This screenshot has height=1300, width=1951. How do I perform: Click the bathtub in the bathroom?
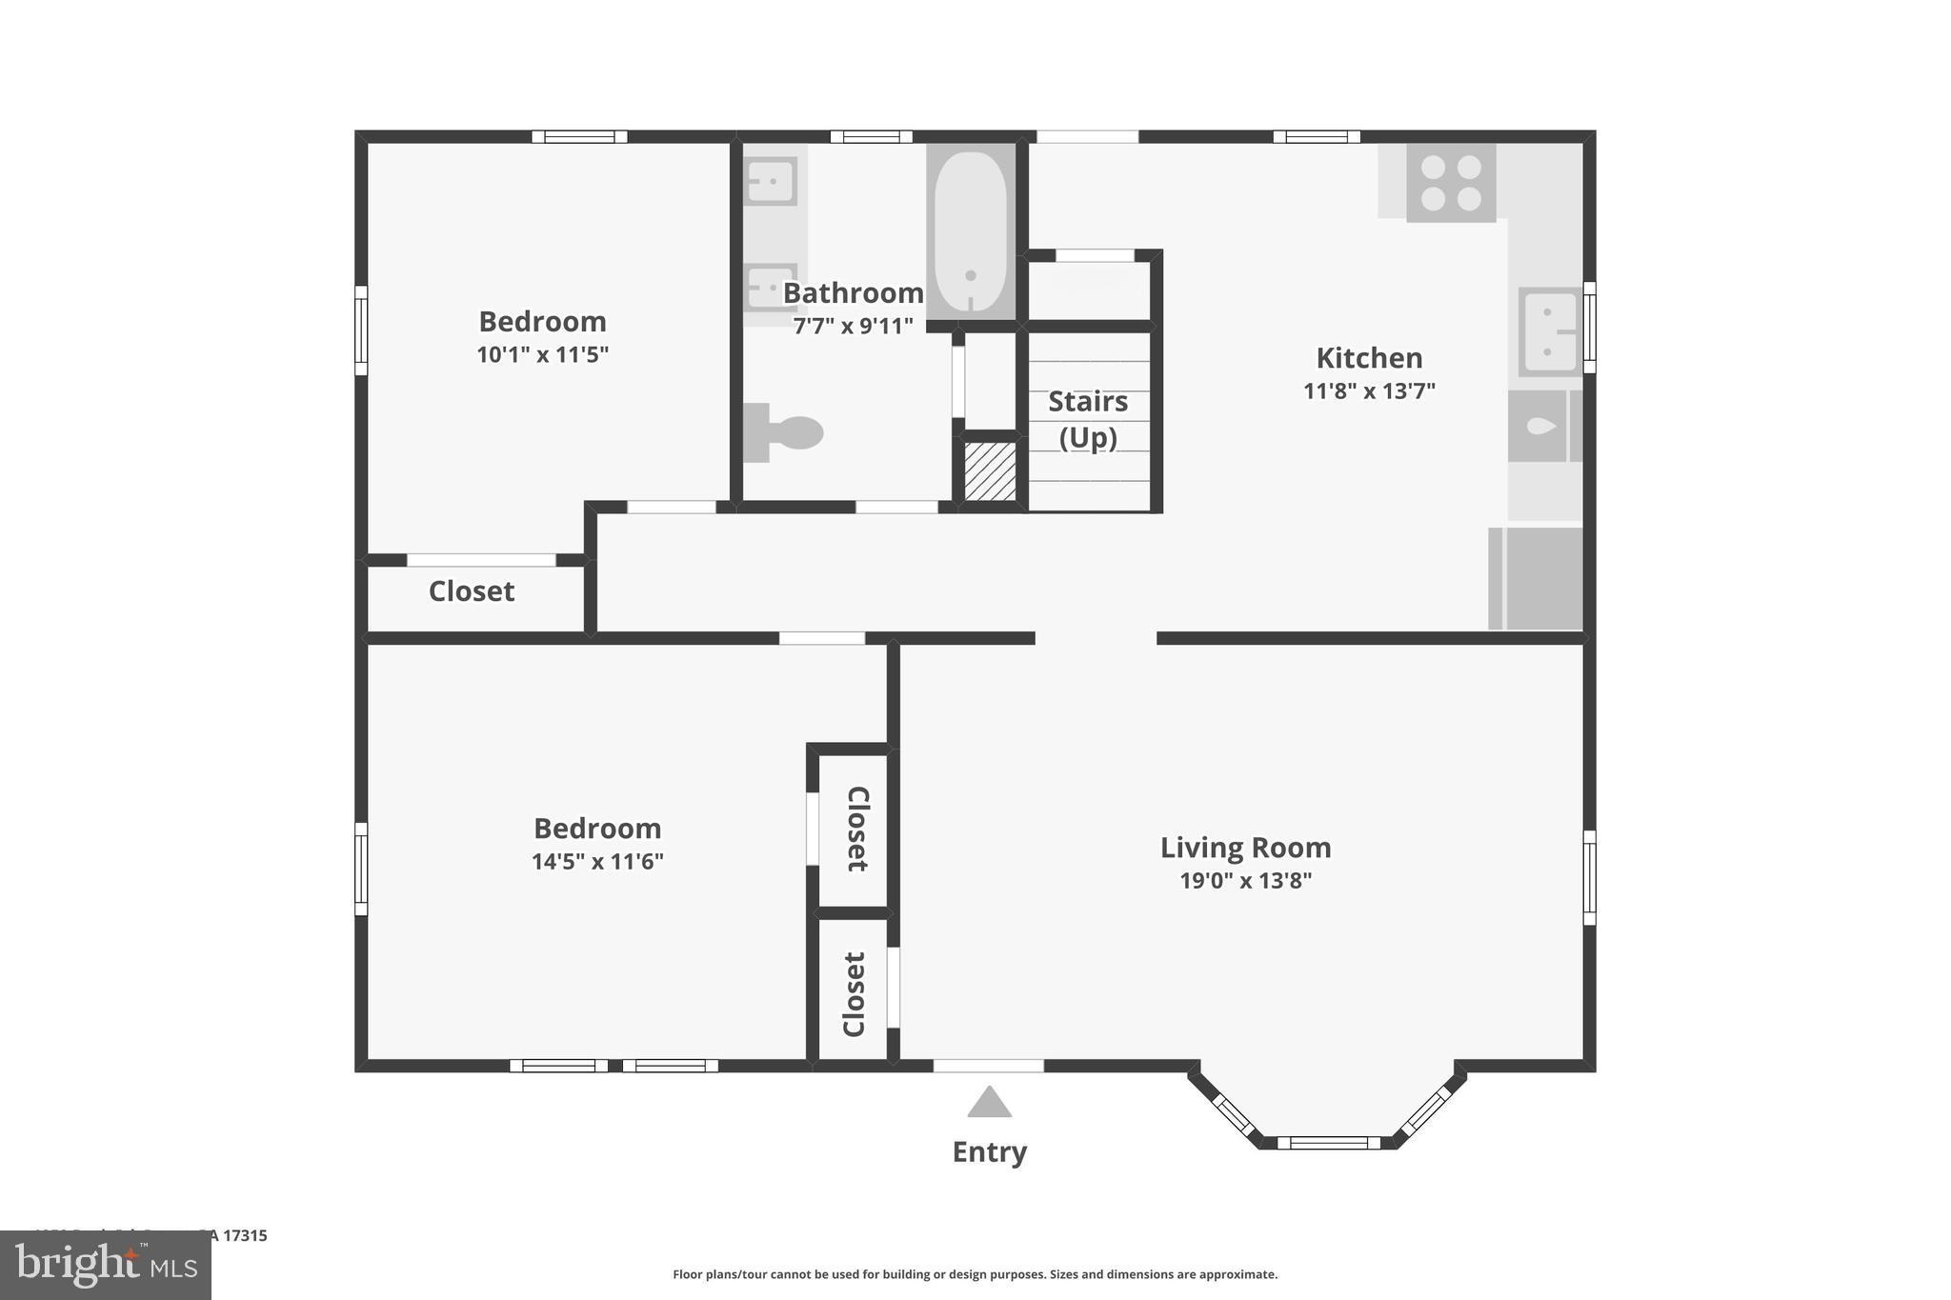pos(970,232)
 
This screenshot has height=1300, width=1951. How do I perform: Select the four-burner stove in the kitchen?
pos(1450,183)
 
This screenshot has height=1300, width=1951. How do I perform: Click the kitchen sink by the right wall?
pos(1549,331)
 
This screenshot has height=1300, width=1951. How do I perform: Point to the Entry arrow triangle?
pos(989,1103)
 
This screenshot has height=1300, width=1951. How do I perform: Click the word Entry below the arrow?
pos(989,1151)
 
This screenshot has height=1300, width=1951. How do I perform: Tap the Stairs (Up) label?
pos(1088,419)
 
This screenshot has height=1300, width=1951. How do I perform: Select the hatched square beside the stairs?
pos(990,470)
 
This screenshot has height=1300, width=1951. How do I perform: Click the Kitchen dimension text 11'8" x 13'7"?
pos(1369,390)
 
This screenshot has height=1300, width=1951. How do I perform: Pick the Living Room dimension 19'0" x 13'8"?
pos(1245,880)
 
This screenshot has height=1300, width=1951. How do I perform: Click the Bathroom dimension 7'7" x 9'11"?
pos(853,326)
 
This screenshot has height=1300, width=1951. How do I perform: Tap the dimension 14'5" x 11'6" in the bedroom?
pos(597,861)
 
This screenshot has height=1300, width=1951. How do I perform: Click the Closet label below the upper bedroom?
pos(472,591)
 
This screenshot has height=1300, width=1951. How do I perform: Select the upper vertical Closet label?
pos(856,829)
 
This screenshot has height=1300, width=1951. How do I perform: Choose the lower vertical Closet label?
pos(854,993)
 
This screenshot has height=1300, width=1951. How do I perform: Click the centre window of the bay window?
pos(1328,1142)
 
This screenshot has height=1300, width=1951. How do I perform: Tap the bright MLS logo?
pos(106,1265)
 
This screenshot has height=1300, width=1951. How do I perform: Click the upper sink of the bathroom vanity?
pos(770,180)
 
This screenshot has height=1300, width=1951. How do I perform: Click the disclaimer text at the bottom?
pos(975,1274)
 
